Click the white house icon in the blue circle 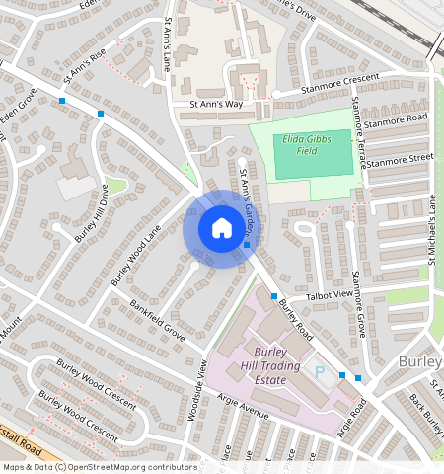(x=221, y=228)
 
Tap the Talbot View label (x=330, y=294)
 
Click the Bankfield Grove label (x=160, y=318)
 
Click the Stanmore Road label (x=395, y=121)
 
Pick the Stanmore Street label (x=400, y=158)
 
